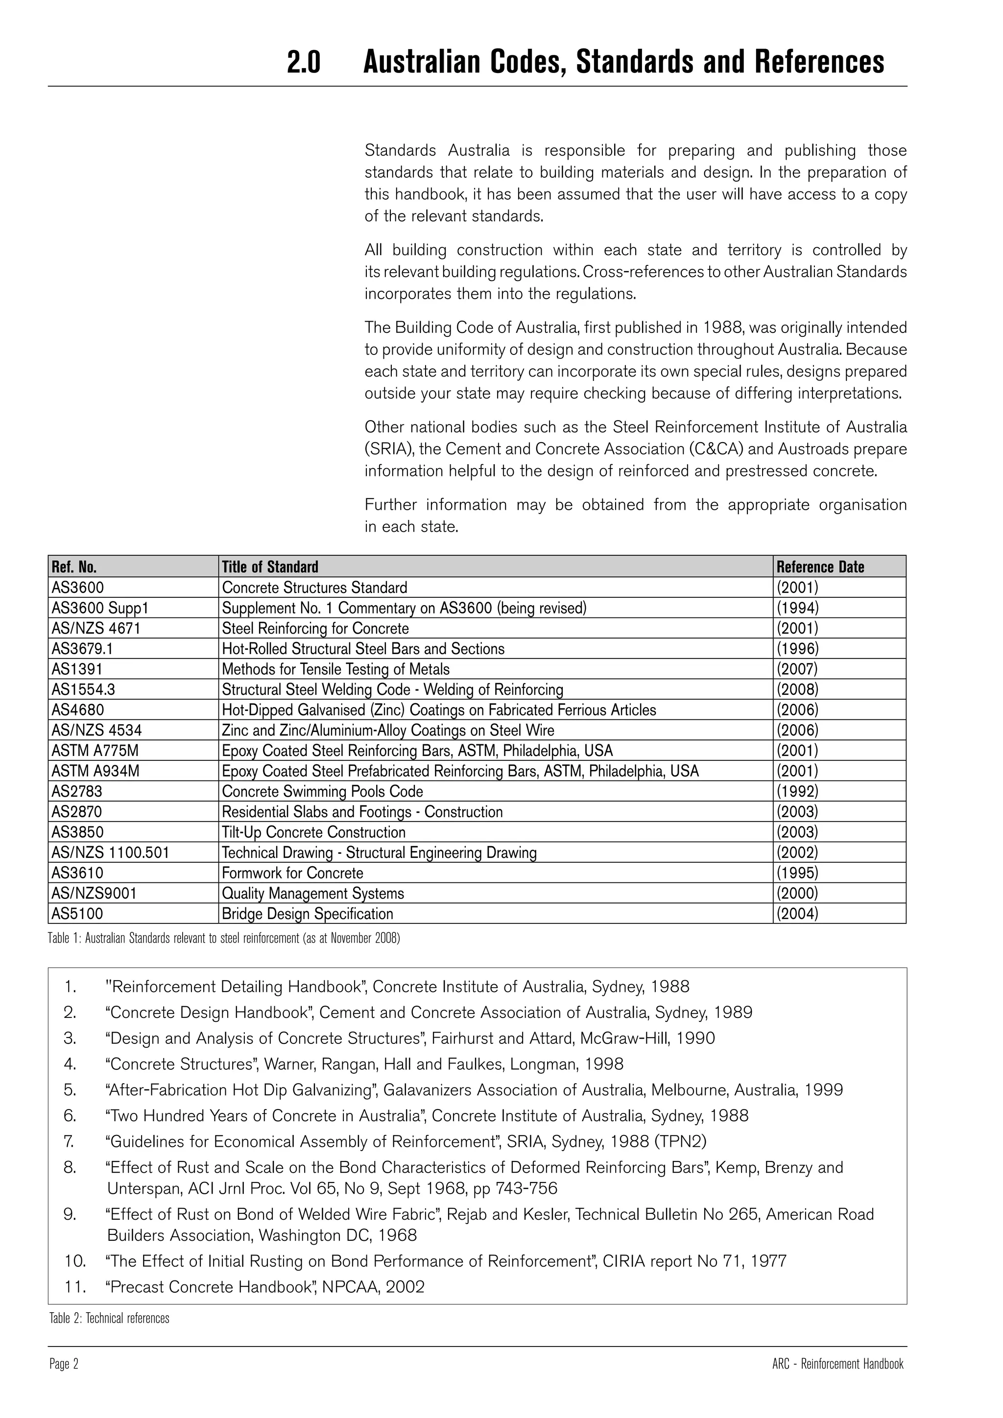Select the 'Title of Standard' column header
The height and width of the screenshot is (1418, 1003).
(x=270, y=567)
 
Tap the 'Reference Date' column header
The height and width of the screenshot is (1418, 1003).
(x=820, y=567)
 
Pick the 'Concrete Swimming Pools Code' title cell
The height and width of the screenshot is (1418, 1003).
(x=322, y=792)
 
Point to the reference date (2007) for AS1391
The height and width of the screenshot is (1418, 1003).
(x=797, y=669)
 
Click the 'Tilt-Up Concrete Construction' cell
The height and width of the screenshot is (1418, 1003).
(x=314, y=832)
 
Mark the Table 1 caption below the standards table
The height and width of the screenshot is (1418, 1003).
(x=224, y=939)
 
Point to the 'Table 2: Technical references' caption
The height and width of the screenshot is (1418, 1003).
(x=109, y=1319)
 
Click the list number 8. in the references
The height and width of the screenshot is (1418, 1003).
(x=70, y=1167)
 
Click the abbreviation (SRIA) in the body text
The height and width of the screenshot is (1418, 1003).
(x=389, y=449)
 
